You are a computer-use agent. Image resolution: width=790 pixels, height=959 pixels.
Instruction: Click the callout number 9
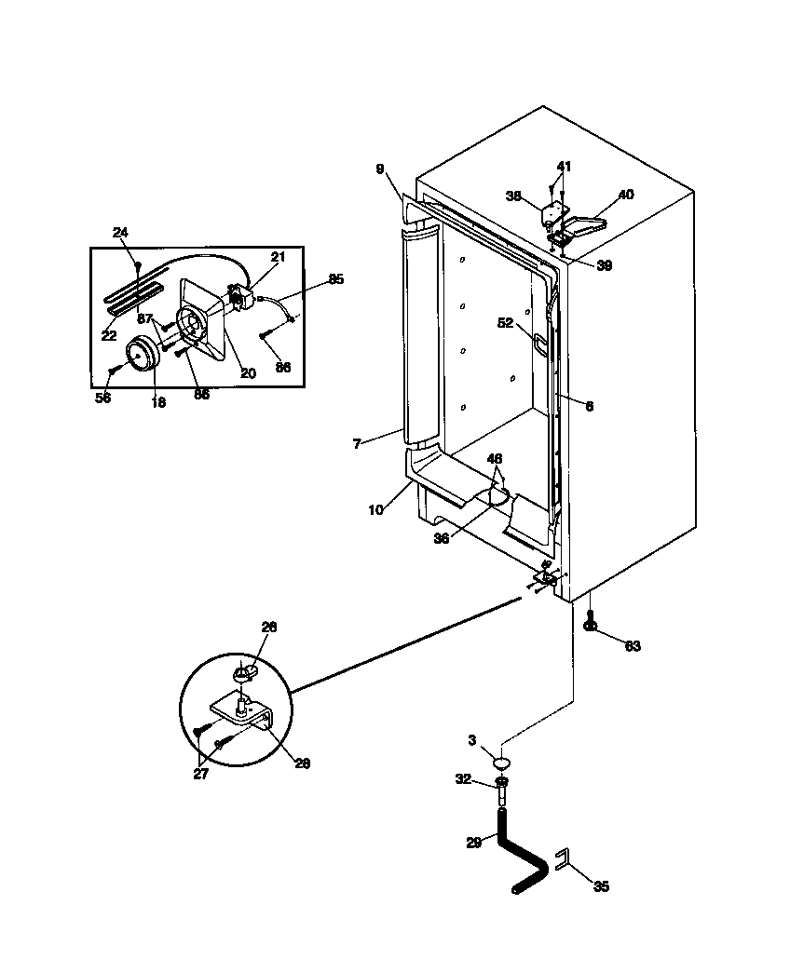tap(380, 169)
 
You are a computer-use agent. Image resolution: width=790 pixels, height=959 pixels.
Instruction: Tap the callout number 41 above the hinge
tap(564, 167)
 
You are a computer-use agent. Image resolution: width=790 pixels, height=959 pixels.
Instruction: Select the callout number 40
tap(625, 195)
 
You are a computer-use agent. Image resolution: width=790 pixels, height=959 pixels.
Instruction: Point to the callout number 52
tap(506, 323)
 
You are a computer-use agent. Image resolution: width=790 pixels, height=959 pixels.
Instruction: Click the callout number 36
tap(442, 537)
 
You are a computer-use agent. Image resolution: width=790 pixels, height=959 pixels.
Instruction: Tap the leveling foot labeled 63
tap(591, 623)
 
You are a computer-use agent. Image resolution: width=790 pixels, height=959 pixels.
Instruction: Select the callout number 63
tap(634, 645)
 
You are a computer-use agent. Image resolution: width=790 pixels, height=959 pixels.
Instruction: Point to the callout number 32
tap(464, 781)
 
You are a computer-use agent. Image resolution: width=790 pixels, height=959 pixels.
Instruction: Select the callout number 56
tap(103, 398)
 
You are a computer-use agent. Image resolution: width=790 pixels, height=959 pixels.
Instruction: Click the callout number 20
tap(248, 373)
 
